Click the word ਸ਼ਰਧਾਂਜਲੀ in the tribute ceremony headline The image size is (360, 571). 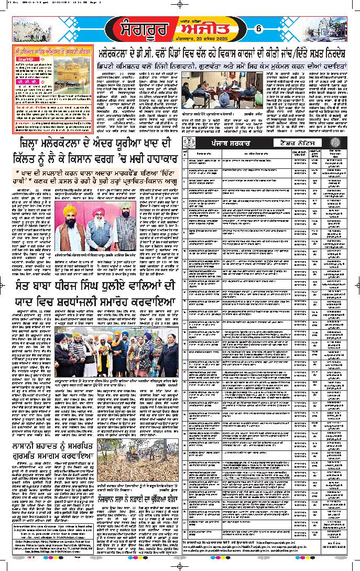(x=69, y=306)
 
